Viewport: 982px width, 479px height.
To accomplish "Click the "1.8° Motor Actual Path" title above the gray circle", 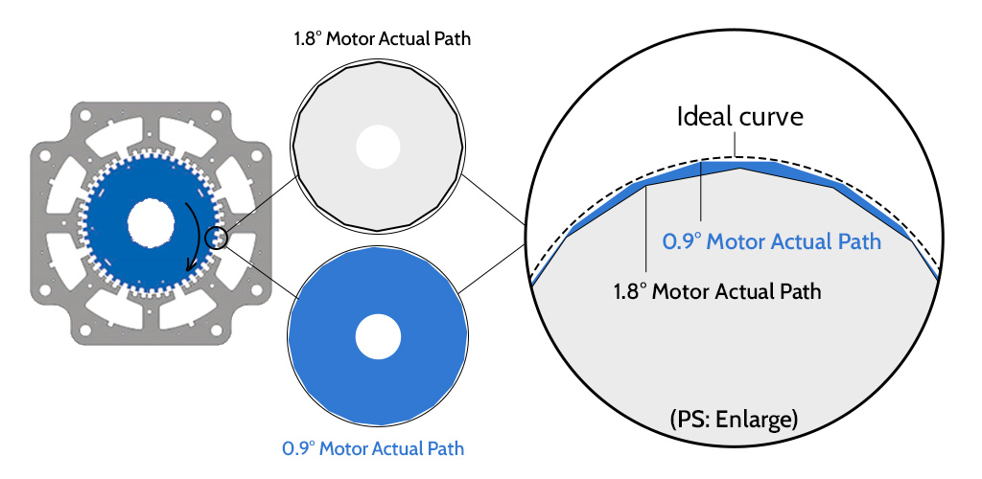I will pos(383,40).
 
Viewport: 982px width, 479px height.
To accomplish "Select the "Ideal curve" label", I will pos(739,118).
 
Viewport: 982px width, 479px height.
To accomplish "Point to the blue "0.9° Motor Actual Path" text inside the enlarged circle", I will pos(771,241).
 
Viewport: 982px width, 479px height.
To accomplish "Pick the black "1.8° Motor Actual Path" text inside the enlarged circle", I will pos(717,290).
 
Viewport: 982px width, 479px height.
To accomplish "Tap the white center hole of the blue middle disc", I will pos(378,338).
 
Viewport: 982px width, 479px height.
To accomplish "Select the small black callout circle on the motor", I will pos(218,238).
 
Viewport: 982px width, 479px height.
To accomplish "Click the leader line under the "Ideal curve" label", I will pos(736,146).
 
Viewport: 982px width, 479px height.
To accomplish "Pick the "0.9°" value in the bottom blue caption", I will pos(300,447).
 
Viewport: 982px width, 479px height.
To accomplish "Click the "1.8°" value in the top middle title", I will pos(308,40).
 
